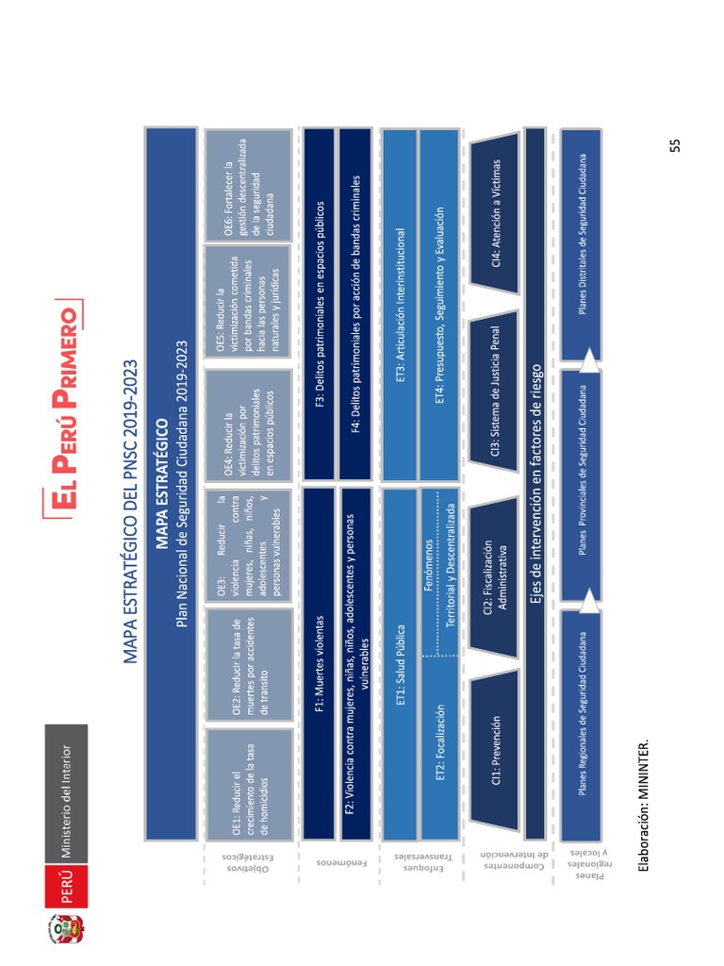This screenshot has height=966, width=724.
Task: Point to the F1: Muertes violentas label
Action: click(319, 663)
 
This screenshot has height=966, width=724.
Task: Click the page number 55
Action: click(674, 143)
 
